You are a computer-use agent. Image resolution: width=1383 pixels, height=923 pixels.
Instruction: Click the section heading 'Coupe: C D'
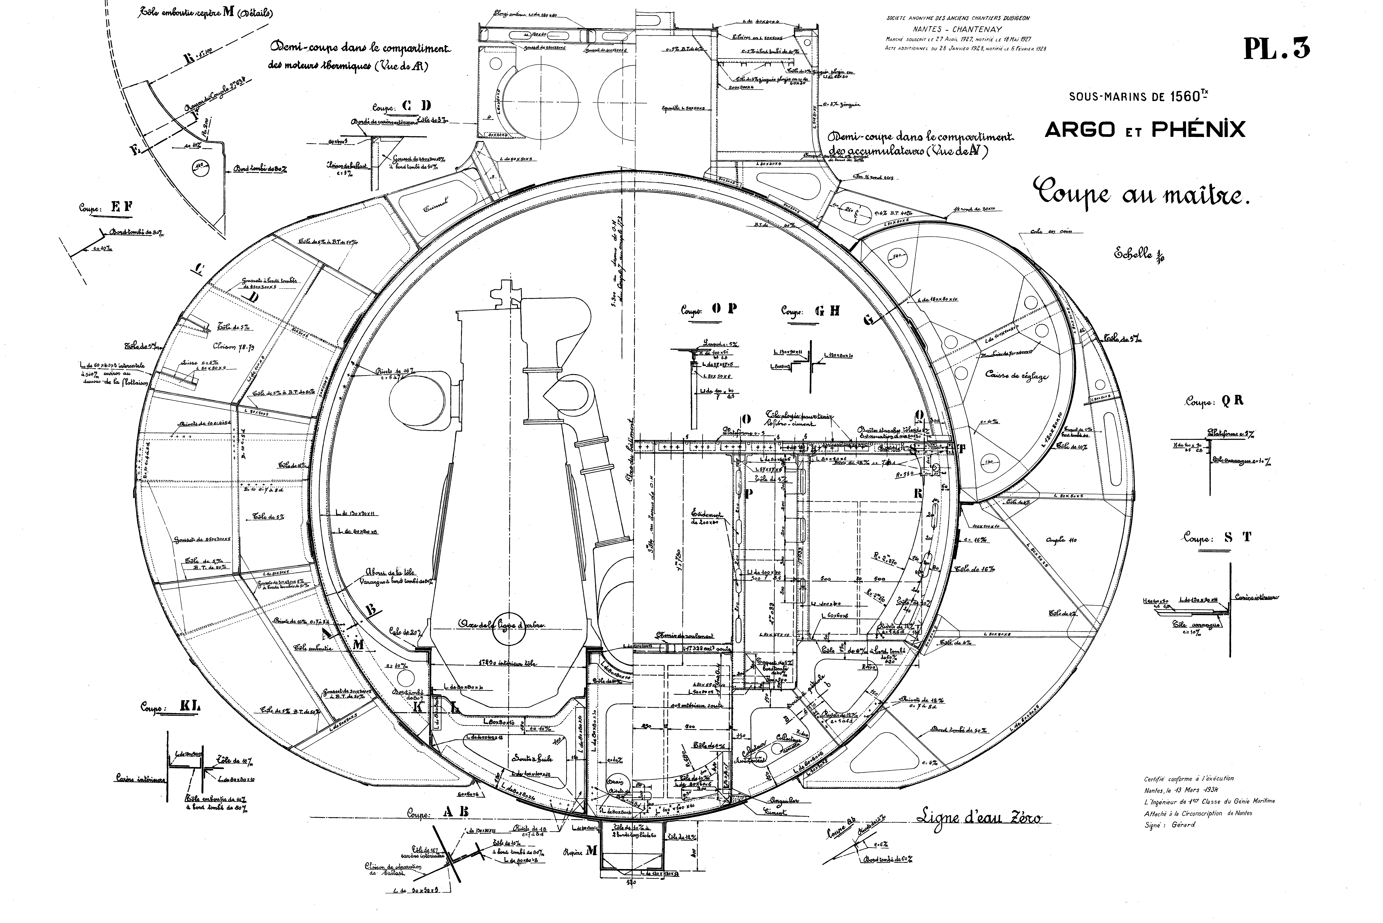(x=402, y=107)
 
